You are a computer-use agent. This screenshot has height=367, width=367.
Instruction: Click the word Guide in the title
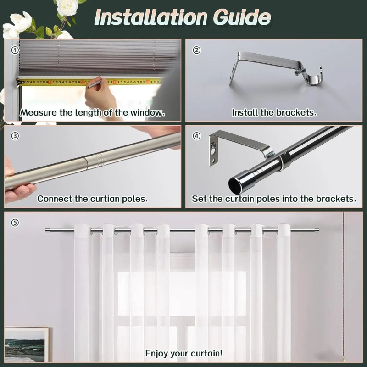tap(242, 17)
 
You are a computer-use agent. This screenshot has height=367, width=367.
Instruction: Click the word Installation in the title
tap(151, 17)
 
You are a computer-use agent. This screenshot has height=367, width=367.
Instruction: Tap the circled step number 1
tap(15, 50)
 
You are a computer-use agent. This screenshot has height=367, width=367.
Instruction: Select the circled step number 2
tap(196, 50)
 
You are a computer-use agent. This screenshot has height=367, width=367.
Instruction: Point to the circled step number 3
tap(15, 136)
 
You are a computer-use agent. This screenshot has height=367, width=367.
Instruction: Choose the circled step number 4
tap(196, 136)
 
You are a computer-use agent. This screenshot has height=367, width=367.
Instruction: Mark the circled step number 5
tap(15, 222)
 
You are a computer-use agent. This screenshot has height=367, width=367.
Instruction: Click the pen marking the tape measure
tap(95, 83)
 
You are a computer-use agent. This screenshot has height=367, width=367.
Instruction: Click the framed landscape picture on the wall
tap(27, 345)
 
